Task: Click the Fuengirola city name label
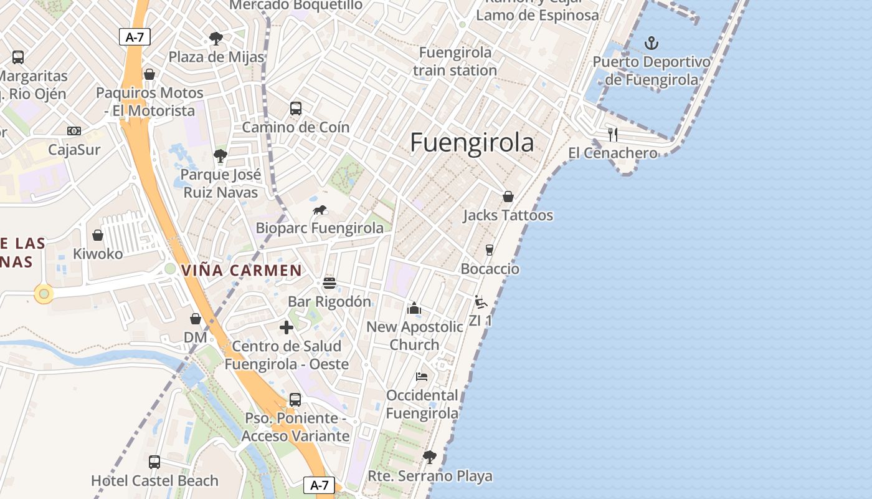[x=472, y=143]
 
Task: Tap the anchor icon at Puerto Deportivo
[x=651, y=43]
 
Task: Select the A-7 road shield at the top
[x=135, y=37]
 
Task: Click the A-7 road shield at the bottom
[x=319, y=485]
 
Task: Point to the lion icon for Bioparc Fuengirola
[x=320, y=210]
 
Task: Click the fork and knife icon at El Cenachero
[x=613, y=134]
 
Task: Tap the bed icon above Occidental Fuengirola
[x=422, y=377]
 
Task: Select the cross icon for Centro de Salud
[x=287, y=327]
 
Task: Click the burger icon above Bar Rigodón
[x=329, y=283]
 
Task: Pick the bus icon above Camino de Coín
[x=296, y=108]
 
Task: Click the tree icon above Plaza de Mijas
[x=216, y=39]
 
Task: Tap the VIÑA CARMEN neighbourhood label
[x=242, y=271]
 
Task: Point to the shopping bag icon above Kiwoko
[x=98, y=235]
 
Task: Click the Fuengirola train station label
[x=455, y=61]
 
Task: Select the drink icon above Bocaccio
[x=490, y=250]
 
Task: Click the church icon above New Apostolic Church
[x=414, y=308]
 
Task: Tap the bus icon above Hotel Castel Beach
[x=154, y=462]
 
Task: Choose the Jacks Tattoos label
[x=508, y=215]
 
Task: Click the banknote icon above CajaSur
[x=74, y=131]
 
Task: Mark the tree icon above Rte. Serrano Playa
[x=429, y=457]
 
